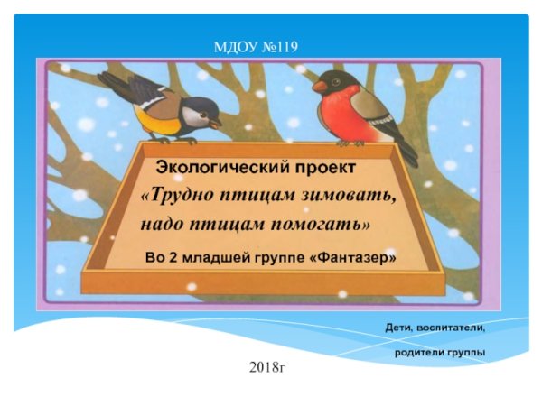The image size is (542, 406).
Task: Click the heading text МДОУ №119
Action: [x=256, y=47]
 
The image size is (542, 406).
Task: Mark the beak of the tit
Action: [x=216, y=118]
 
